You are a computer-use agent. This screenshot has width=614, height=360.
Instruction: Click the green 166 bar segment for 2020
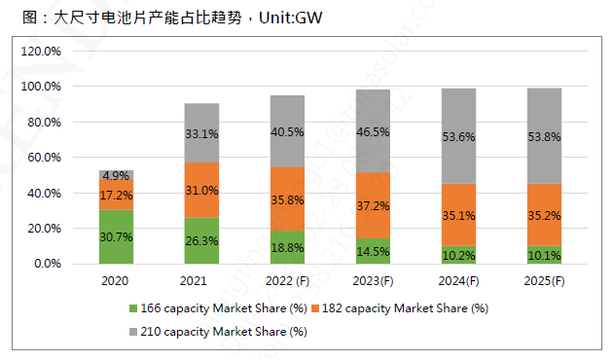pyautogui.click(x=117, y=236)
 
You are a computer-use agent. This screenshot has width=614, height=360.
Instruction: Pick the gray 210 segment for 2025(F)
pyautogui.click(x=545, y=136)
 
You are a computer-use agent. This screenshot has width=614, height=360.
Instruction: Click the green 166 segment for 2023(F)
pyautogui.click(x=373, y=250)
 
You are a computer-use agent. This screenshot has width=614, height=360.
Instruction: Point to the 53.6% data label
pyautogui.click(x=458, y=137)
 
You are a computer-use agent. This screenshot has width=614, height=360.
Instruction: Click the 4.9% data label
pyautogui.click(x=117, y=176)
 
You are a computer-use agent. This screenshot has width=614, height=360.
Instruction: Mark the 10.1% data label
pyautogui.click(x=545, y=257)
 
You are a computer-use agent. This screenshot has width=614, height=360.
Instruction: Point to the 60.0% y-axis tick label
pyautogui.click(x=46, y=158)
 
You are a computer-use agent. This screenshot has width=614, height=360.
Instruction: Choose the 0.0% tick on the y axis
pyautogui.click(x=49, y=264)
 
